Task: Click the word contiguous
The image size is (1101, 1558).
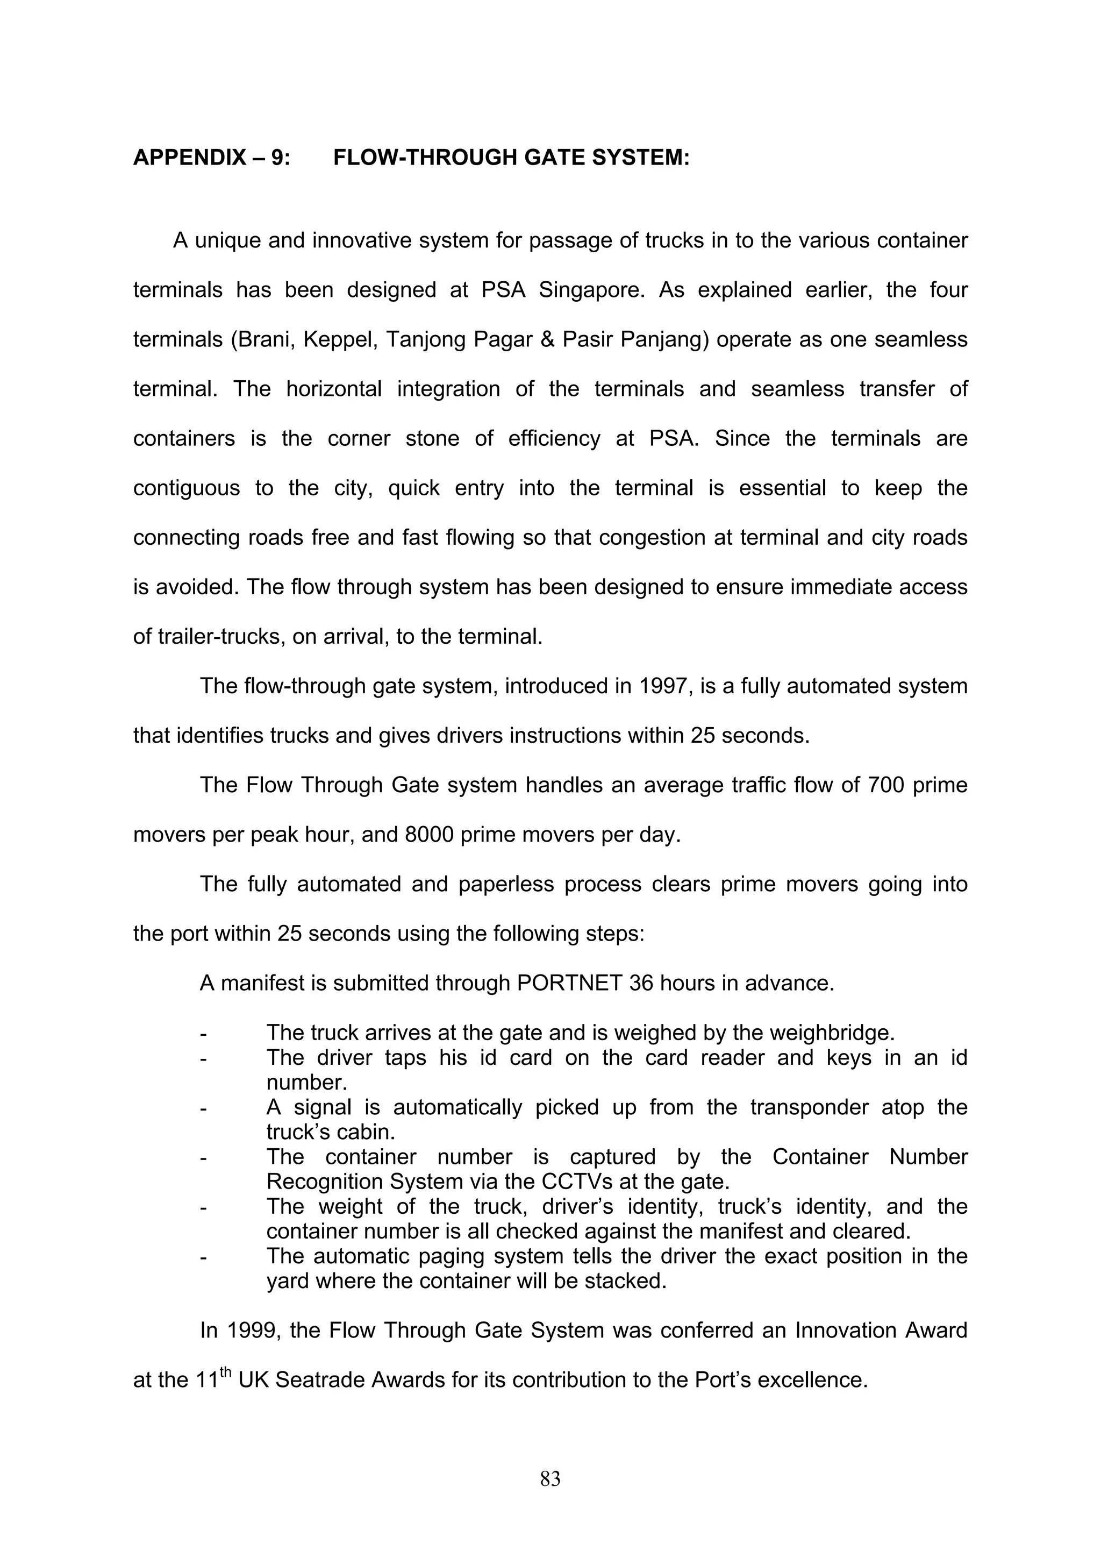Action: click(186, 488)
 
